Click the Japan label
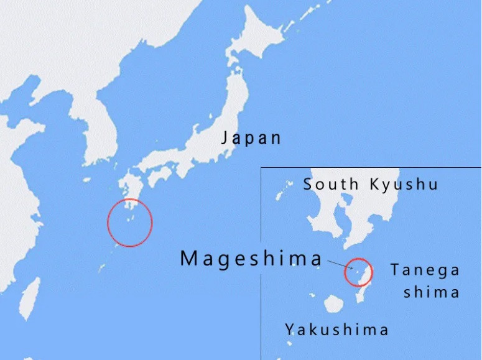251,137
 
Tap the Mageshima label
251,258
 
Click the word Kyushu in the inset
404,184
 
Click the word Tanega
425,270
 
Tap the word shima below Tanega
431,292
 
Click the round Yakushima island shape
334,303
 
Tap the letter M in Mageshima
188,258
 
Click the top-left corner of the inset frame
261,168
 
